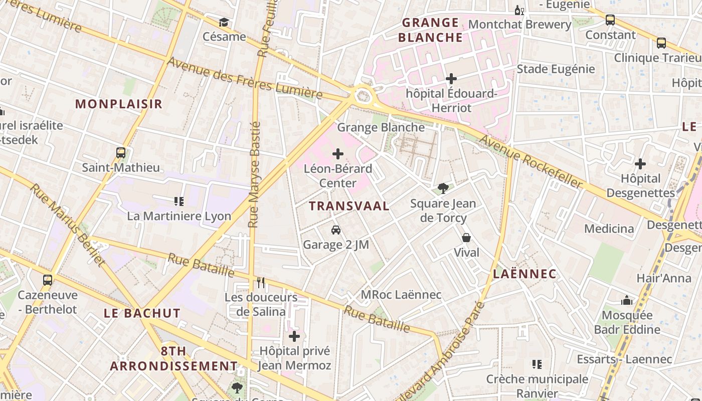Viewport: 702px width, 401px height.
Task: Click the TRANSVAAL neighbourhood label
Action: pos(349,206)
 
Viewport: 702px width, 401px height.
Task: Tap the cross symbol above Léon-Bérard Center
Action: pos(338,154)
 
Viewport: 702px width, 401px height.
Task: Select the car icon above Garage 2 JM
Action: pos(336,230)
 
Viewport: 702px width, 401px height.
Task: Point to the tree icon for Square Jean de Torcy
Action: pos(443,188)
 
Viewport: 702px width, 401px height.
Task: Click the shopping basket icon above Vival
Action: pos(466,238)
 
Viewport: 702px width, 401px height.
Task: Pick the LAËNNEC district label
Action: pos(524,274)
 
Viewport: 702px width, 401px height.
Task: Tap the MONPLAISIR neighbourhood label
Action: pos(119,104)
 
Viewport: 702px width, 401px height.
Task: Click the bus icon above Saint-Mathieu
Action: pos(121,153)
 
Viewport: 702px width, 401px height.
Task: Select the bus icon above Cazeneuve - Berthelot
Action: pos(48,280)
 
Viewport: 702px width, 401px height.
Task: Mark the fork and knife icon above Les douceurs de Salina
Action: pos(261,283)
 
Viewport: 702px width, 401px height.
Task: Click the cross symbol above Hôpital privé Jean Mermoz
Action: pos(294,336)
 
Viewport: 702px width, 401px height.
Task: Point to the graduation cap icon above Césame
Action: pos(224,23)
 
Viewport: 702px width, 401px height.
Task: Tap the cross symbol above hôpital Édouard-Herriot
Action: pos(451,79)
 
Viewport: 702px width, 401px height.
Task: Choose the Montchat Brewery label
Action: pos(519,25)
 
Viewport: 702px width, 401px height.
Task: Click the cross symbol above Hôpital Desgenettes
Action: pos(640,164)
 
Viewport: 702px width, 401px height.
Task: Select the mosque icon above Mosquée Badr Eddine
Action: pos(627,300)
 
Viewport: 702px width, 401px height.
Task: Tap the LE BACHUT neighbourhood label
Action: pos(142,313)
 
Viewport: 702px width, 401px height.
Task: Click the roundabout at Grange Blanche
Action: pos(363,95)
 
